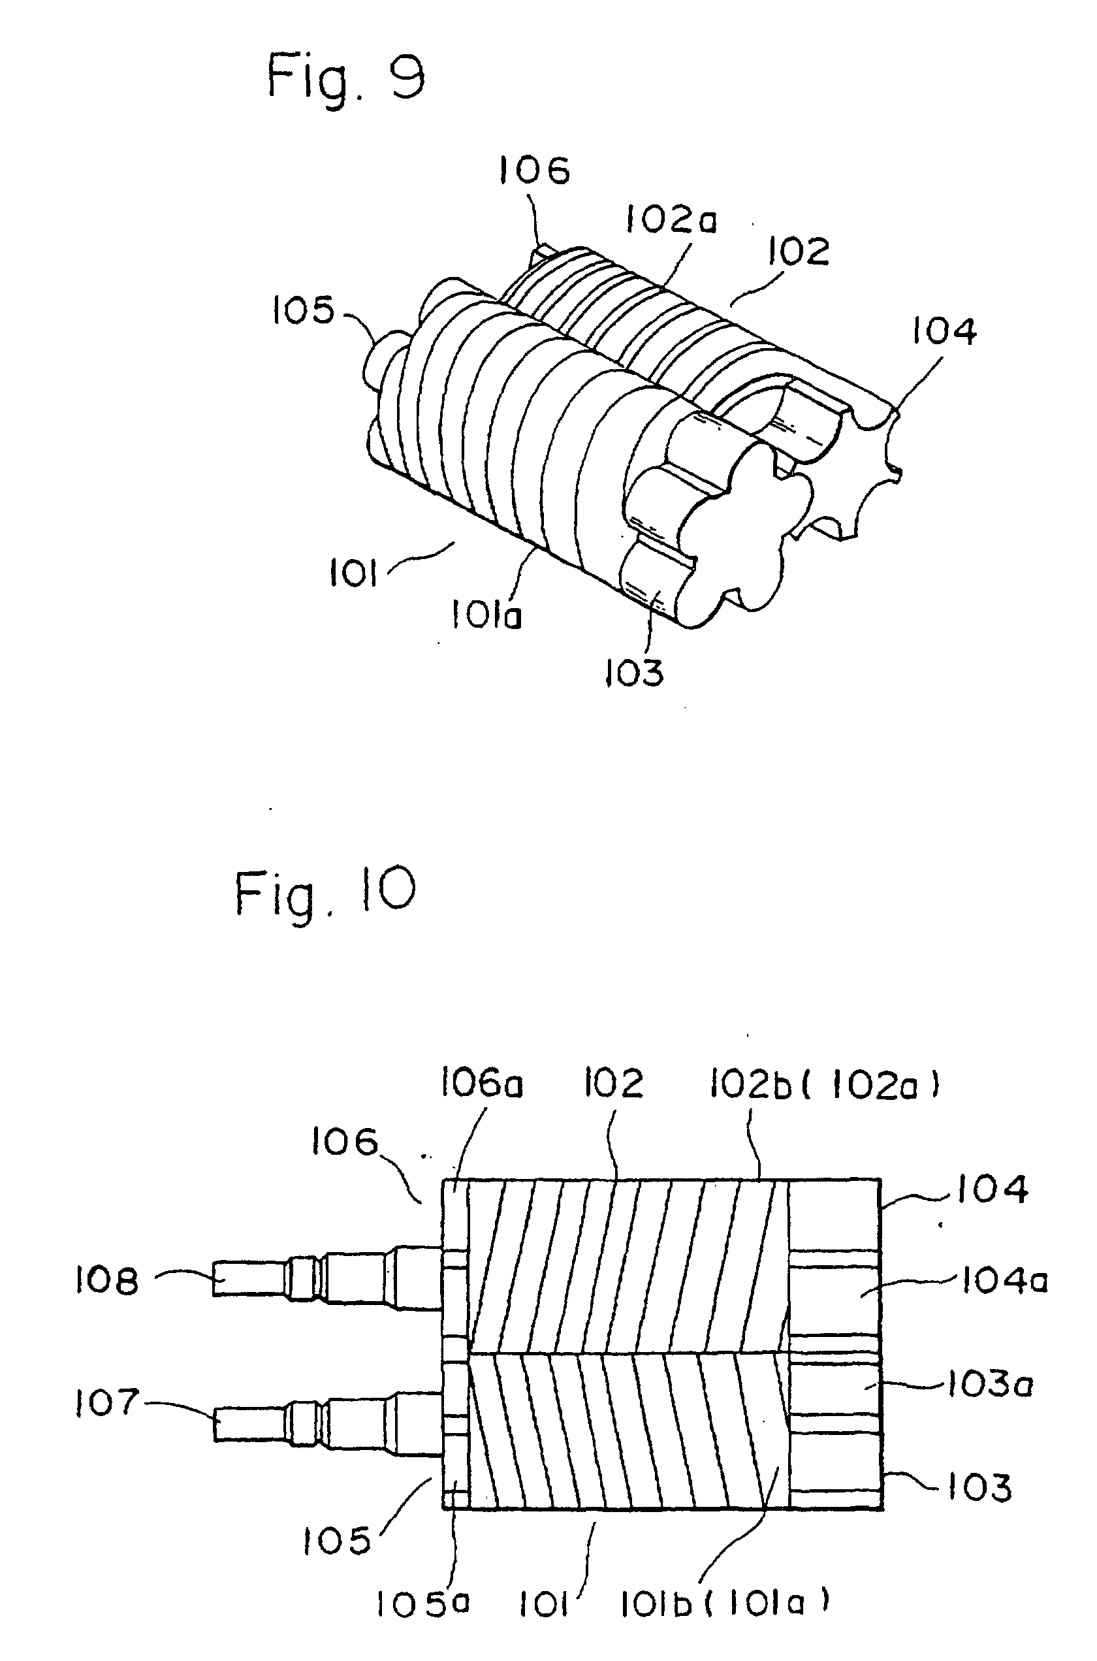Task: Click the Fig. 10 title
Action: [325, 893]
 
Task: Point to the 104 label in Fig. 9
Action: [942, 331]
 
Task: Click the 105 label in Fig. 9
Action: [303, 310]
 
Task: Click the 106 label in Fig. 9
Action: [534, 170]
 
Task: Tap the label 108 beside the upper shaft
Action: [107, 1281]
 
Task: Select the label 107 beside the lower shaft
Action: [107, 1404]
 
